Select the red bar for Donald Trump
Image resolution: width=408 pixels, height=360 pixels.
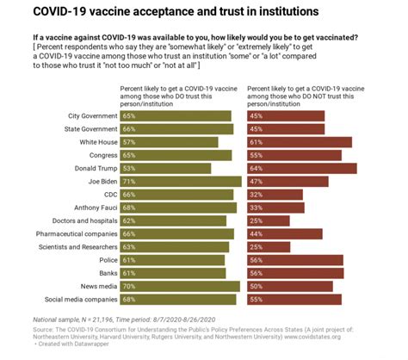click(301, 168)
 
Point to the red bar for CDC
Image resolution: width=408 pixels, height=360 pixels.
click(274, 195)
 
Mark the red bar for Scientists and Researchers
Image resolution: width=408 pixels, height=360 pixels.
click(269, 246)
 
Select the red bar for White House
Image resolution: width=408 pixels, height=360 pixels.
click(299, 142)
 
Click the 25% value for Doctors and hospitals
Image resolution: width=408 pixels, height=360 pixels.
click(256, 220)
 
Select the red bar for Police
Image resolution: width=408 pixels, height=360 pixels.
click(294, 259)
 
